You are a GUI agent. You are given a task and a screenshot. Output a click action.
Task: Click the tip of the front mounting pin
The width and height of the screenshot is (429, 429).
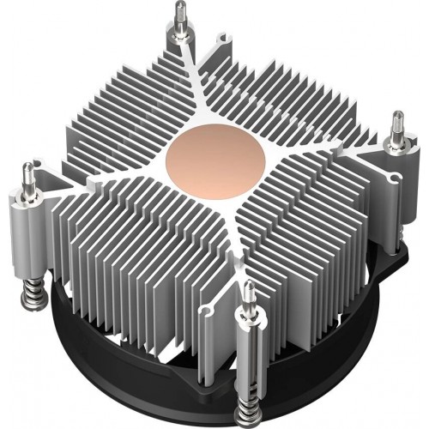tap(248, 287)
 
